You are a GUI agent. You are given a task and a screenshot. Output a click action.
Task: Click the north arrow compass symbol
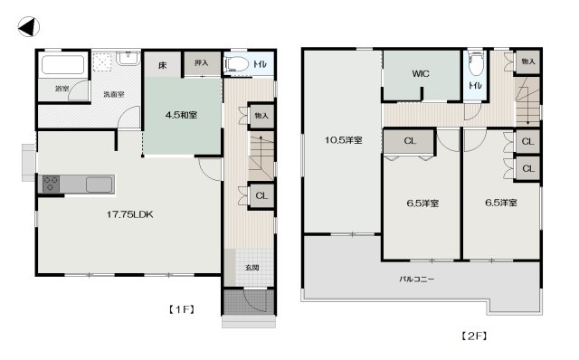[x=28, y=27]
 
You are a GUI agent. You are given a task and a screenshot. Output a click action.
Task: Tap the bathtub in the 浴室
[x=62, y=65]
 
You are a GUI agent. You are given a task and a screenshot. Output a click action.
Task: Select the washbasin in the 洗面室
[x=128, y=58]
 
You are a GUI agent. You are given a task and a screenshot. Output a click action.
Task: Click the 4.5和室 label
[x=181, y=115]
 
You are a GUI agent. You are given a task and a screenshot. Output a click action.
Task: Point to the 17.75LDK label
[x=129, y=214]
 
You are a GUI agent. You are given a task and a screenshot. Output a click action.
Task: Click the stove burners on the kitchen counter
[x=51, y=184]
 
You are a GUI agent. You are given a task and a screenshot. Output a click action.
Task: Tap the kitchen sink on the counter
[x=100, y=185]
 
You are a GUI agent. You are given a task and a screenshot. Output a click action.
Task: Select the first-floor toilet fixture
[x=237, y=64]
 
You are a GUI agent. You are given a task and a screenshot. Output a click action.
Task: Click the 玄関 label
[x=252, y=268]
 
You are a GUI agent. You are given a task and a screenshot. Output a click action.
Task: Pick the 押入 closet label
[x=201, y=63]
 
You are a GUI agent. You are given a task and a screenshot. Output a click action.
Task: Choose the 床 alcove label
[x=163, y=66]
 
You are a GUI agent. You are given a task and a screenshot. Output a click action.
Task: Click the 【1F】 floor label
[x=182, y=309]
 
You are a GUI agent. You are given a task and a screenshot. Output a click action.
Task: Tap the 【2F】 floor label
[x=474, y=336]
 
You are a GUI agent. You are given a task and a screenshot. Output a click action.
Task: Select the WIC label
[x=421, y=73]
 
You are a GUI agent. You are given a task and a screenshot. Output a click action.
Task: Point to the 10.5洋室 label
[x=344, y=140]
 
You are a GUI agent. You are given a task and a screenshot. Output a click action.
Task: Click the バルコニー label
[x=416, y=279]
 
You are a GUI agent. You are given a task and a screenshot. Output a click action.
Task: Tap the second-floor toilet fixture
[x=476, y=64]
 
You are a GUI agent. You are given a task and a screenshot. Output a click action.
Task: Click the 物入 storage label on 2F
[x=528, y=62]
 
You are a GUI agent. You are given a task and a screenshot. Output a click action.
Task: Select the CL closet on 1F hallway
[x=261, y=195]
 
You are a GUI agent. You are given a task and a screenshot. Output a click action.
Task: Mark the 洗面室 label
[x=114, y=95]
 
